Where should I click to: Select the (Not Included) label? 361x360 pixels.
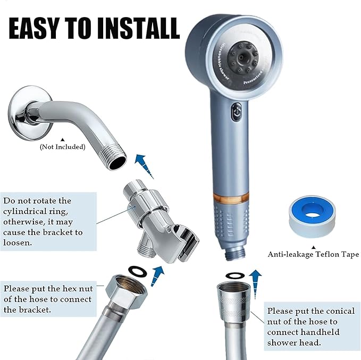tap(62, 147)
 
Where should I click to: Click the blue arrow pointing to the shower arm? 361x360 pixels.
tap(141, 162)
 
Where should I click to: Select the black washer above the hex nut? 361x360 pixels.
tap(136, 271)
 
